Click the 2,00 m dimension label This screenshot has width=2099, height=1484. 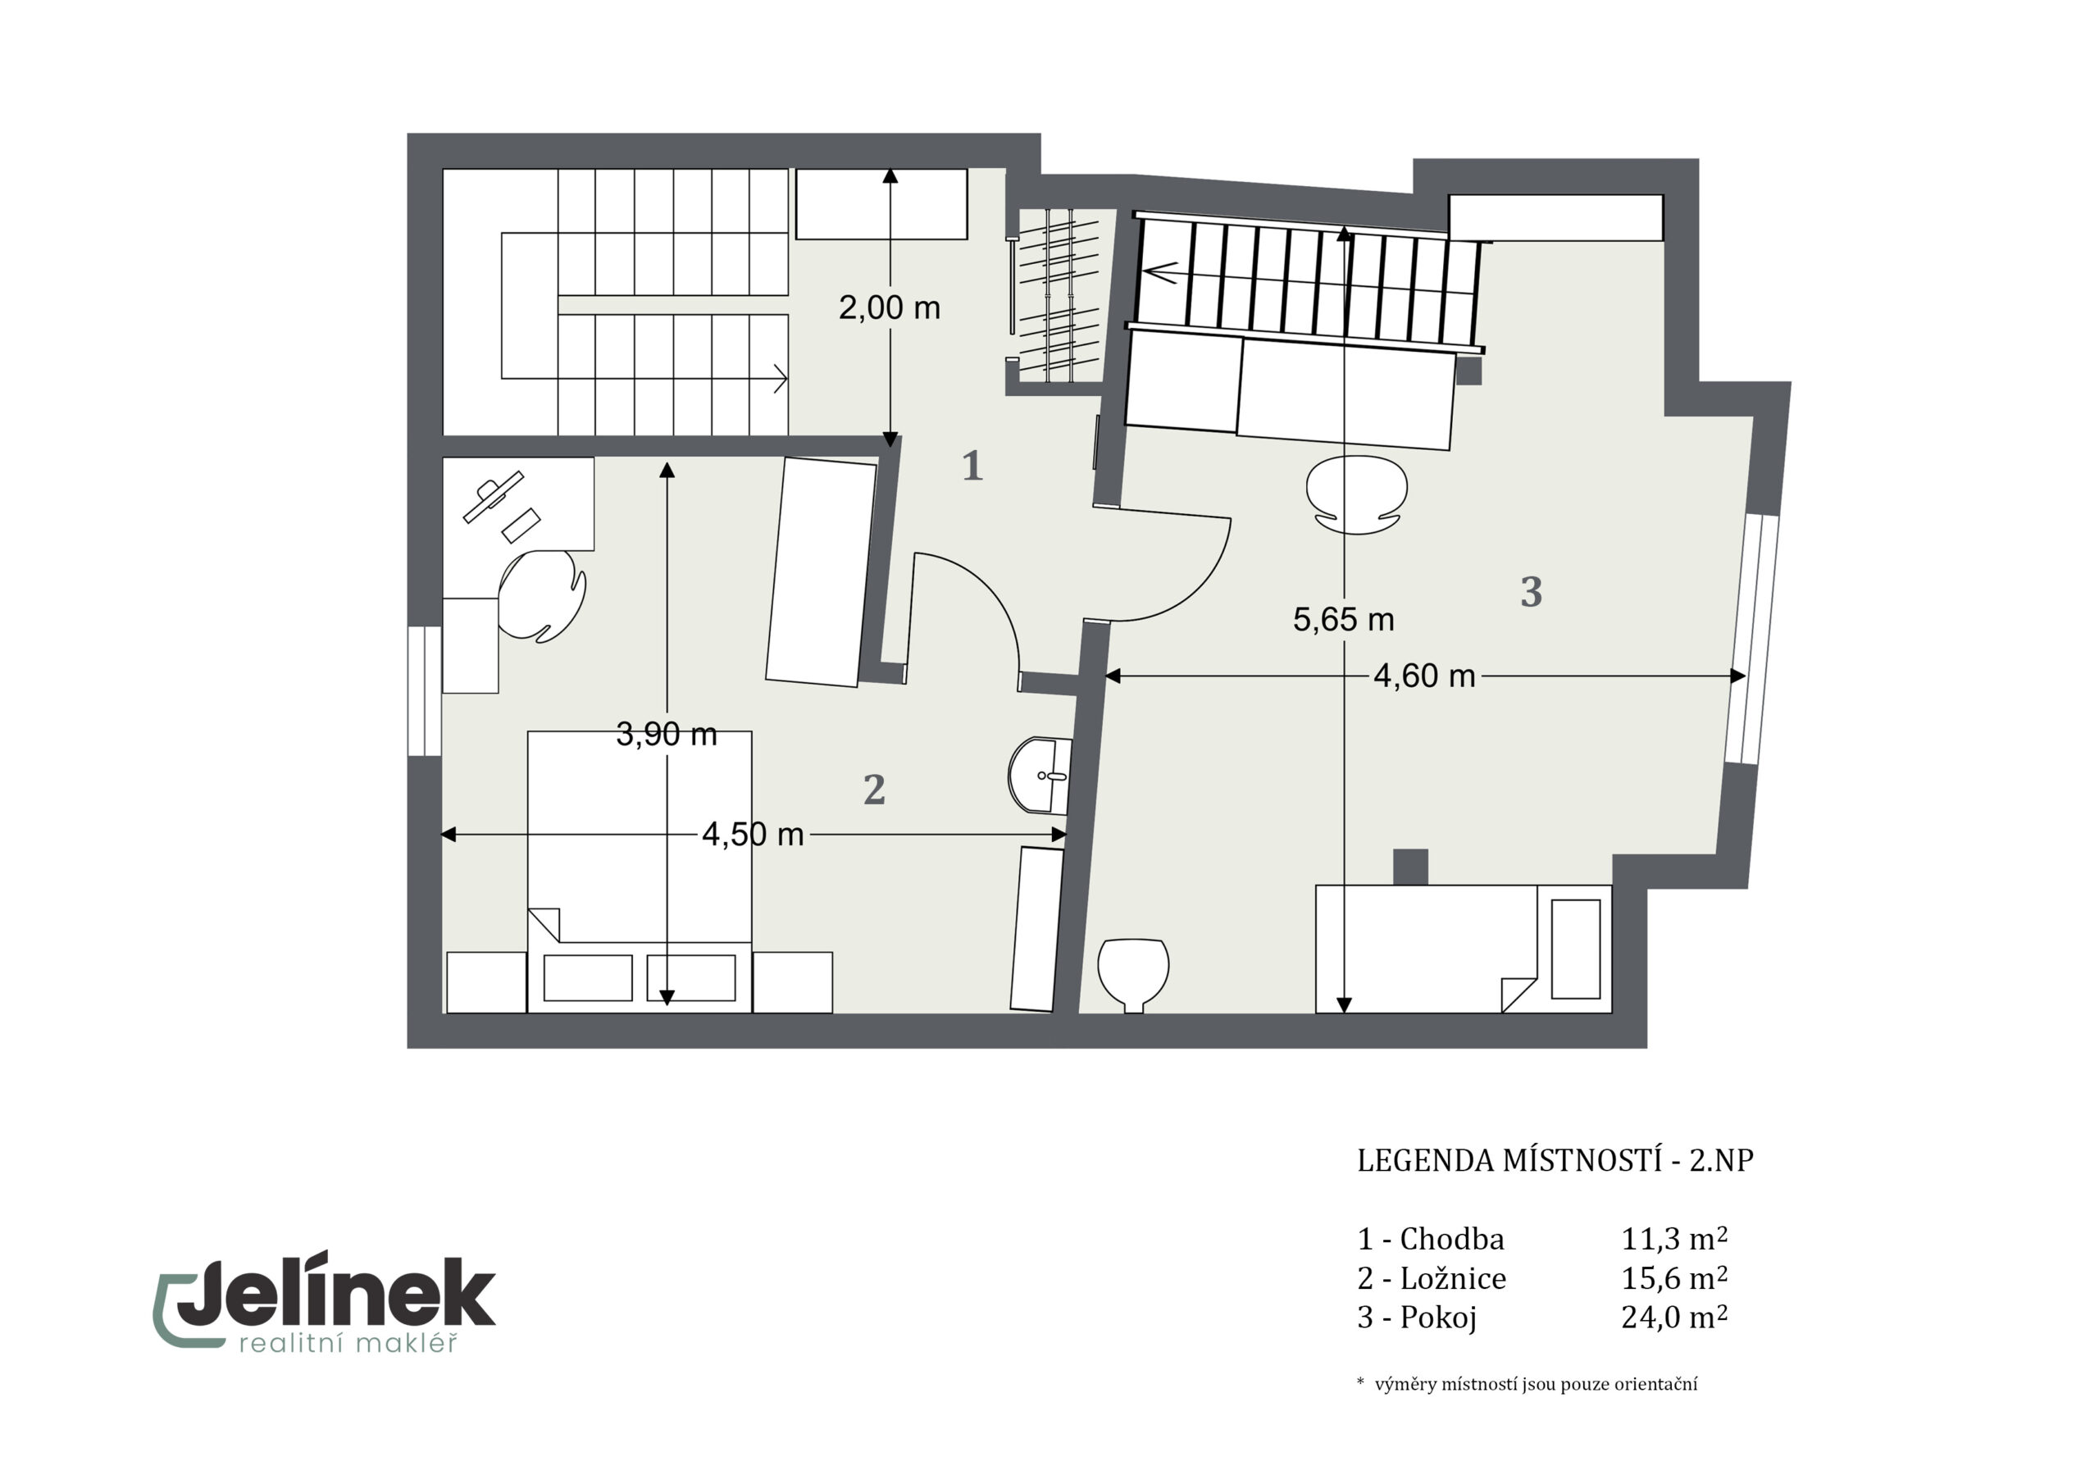click(x=890, y=308)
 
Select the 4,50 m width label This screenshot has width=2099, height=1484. click(x=753, y=834)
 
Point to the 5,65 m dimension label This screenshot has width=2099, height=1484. click(x=1343, y=620)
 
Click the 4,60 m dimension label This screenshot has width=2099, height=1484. click(x=1424, y=676)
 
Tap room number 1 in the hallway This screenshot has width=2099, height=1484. click(x=972, y=467)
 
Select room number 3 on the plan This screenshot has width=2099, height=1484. click(x=1532, y=592)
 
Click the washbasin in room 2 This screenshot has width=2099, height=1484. click(x=1040, y=776)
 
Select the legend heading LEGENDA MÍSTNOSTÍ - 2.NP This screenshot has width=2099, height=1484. click(x=1555, y=1160)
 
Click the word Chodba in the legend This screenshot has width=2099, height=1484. click(x=1452, y=1239)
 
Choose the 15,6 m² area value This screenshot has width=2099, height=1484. click(x=1674, y=1277)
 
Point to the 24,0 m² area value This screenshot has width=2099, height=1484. click(x=1674, y=1317)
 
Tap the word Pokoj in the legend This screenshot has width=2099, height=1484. click(x=1438, y=1318)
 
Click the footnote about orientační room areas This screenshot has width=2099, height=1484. click(x=1527, y=1384)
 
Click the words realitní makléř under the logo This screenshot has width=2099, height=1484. click(x=348, y=1342)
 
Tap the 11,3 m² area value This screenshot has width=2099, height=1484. click(x=1674, y=1238)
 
